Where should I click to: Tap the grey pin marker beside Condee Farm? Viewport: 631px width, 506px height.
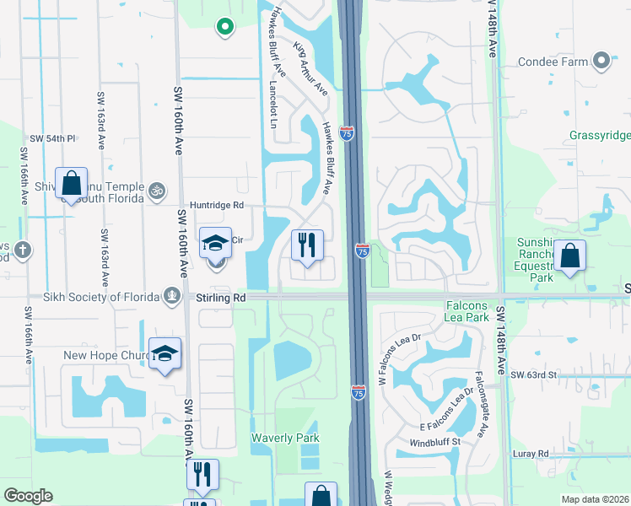point(601,61)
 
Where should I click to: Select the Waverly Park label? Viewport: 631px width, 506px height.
point(285,438)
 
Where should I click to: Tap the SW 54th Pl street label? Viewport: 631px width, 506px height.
point(52,138)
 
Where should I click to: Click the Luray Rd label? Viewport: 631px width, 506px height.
point(531,454)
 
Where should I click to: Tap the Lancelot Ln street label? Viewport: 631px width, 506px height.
point(272,105)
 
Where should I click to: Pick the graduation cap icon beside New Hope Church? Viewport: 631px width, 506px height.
point(164,353)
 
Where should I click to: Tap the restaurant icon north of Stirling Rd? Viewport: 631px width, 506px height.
point(307,245)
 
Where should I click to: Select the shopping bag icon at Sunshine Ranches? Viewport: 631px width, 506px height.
point(570,256)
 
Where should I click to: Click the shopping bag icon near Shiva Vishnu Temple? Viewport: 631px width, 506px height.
point(71,183)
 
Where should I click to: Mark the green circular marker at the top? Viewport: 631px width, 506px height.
point(224,28)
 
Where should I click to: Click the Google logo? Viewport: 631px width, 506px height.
point(28,496)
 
